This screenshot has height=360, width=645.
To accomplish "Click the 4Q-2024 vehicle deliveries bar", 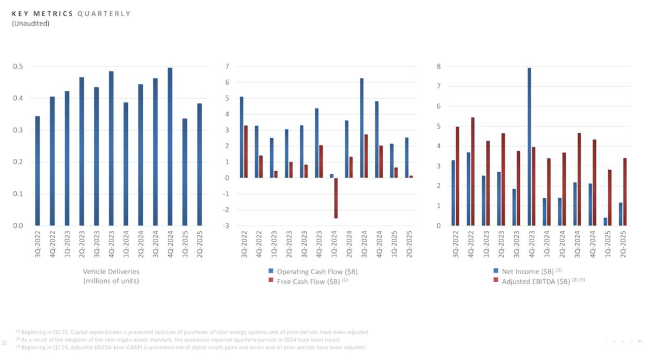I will click(x=170, y=147).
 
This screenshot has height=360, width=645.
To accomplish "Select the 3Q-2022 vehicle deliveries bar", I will click(x=37, y=171).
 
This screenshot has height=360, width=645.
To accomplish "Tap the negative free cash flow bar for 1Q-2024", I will click(x=336, y=198).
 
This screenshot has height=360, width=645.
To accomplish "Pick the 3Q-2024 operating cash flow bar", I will click(x=362, y=128).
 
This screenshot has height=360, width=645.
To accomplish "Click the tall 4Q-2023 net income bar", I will click(x=529, y=147).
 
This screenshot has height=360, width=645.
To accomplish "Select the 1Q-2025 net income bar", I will click(x=606, y=221).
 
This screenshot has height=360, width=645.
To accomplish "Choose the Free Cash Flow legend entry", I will click(x=308, y=281).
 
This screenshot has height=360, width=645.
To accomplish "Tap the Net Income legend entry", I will click(x=527, y=272).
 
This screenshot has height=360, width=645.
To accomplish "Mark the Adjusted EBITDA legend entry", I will click(x=535, y=281).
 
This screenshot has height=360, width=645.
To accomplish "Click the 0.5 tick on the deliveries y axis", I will click(x=18, y=66).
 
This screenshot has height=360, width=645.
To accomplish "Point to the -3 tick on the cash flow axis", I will click(x=226, y=226).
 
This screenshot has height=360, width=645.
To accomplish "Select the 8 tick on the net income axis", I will click(x=439, y=66).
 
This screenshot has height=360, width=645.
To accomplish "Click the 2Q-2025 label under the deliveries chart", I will click(x=200, y=244).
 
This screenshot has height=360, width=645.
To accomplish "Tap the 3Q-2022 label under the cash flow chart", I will click(x=244, y=244).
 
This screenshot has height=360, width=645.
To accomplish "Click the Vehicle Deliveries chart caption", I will click(x=111, y=276).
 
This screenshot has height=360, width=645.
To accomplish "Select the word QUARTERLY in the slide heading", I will click(x=104, y=14).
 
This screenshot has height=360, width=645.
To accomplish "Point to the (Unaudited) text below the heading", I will click(x=31, y=24).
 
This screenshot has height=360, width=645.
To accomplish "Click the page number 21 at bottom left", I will click(x=5, y=343).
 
